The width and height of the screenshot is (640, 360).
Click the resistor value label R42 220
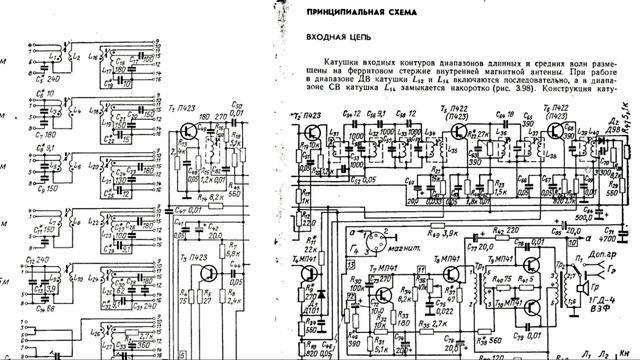487,230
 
